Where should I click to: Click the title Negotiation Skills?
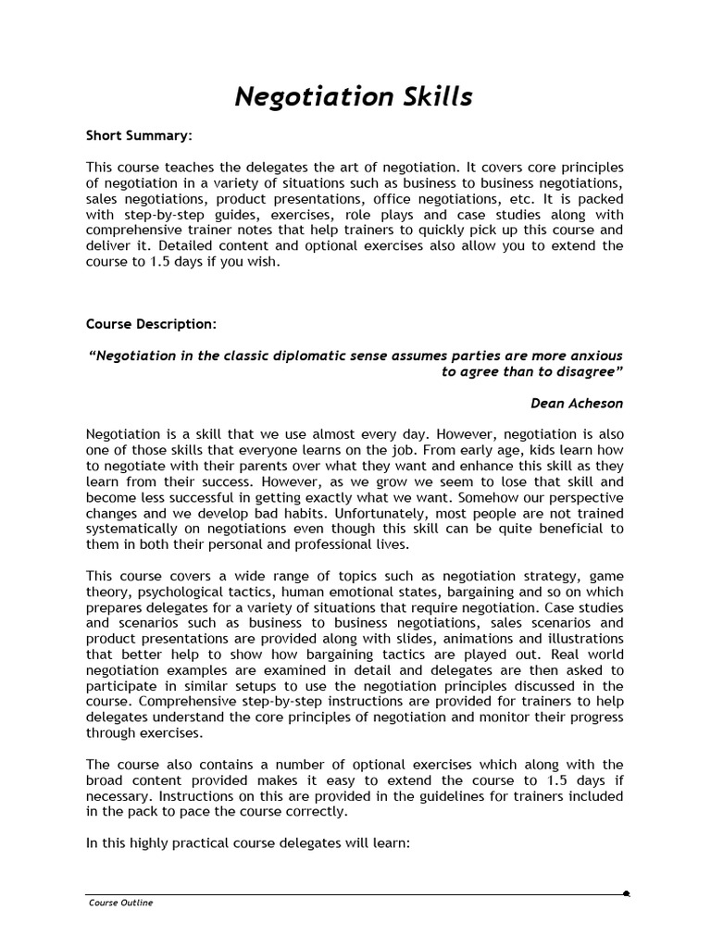(354, 96)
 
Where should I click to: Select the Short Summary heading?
(139, 135)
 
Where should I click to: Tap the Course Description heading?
(152, 324)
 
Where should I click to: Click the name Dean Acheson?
(577, 403)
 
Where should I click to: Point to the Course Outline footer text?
(120, 903)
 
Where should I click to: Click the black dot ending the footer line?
(627, 894)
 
